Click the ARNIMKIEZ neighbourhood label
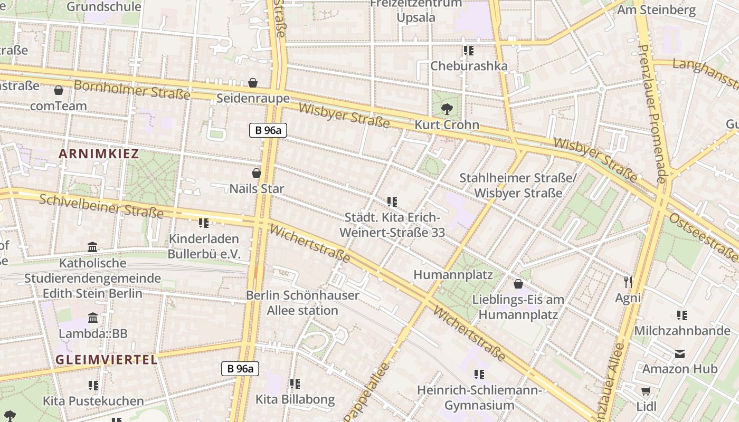click(x=99, y=154)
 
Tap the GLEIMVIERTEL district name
click(x=107, y=360)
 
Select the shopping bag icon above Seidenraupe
click(x=253, y=83)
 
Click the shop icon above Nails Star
click(x=257, y=173)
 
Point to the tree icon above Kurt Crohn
click(x=447, y=109)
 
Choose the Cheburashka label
click(x=469, y=66)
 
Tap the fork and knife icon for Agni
click(x=628, y=282)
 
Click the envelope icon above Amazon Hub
click(x=680, y=353)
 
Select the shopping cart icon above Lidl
click(x=646, y=391)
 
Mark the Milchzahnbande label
click(x=682, y=331)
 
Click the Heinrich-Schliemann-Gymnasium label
click(x=479, y=398)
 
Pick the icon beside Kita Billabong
click(x=295, y=384)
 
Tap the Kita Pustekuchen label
click(x=93, y=401)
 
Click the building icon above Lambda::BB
click(x=93, y=318)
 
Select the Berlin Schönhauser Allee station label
click(x=302, y=303)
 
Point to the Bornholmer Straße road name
click(x=131, y=90)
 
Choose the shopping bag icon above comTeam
click(x=59, y=90)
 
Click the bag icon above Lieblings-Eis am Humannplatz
click(x=518, y=284)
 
